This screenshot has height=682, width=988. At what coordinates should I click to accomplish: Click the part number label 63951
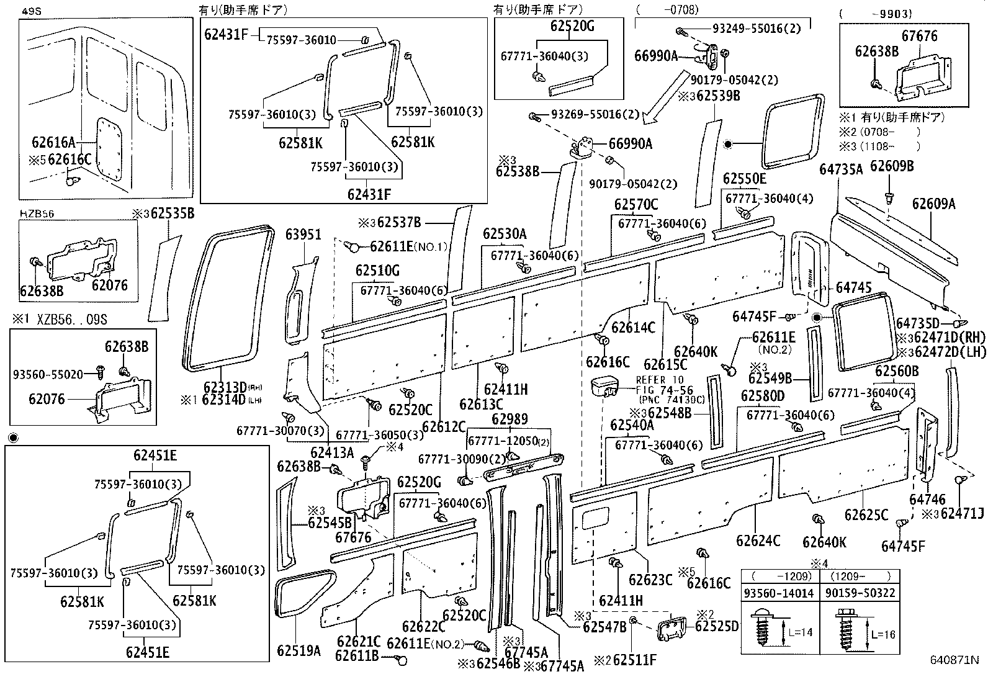[x=303, y=235]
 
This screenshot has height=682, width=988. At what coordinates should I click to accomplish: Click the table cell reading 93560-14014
[x=779, y=593]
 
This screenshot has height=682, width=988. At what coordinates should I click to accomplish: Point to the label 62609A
[x=933, y=204]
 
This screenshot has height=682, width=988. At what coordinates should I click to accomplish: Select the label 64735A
[x=841, y=169]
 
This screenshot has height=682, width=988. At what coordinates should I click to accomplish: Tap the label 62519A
[x=299, y=650]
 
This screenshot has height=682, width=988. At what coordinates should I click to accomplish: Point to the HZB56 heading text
[x=37, y=213]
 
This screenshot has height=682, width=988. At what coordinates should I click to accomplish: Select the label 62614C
[x=633, y=328]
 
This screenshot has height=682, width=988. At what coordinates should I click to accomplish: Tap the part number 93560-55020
[x=47, y=375]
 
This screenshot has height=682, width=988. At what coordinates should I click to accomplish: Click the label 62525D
[x=717, y=626]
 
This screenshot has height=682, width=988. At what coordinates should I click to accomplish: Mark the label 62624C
[x=758, y=541]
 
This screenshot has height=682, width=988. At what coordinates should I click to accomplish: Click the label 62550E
[x=744, y=180]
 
